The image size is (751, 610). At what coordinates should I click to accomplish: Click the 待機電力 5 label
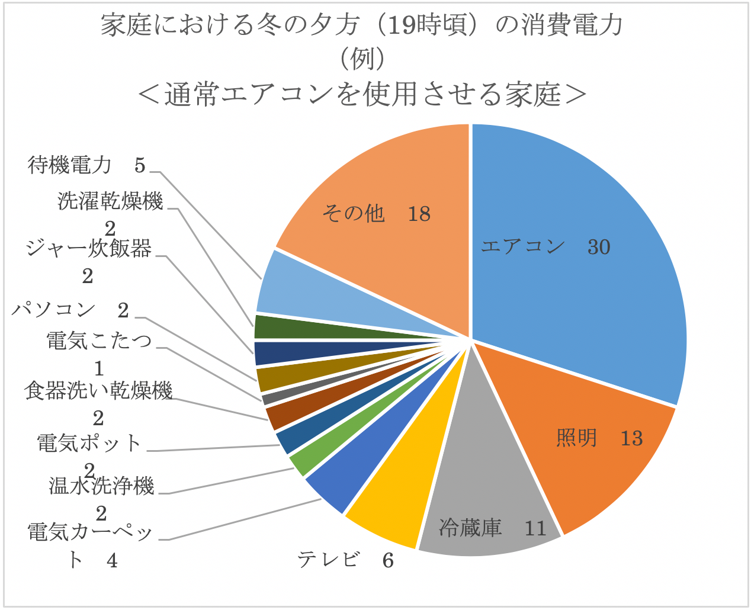pos(86,165)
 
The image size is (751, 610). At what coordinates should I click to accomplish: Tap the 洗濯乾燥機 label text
pos(110,202)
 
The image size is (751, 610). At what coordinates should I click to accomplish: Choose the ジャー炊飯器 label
pos(89,249)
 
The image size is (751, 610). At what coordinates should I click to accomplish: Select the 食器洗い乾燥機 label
pos(98,391)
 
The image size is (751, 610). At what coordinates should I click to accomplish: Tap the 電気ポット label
pos(89,443)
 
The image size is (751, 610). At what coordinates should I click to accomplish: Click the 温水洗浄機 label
pos(101,486)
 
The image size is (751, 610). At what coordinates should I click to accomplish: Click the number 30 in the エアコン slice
pos(598,247)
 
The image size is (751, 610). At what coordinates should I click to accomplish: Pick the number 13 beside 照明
pos(631,438)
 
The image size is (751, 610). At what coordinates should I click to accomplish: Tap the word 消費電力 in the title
pos(572,25)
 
